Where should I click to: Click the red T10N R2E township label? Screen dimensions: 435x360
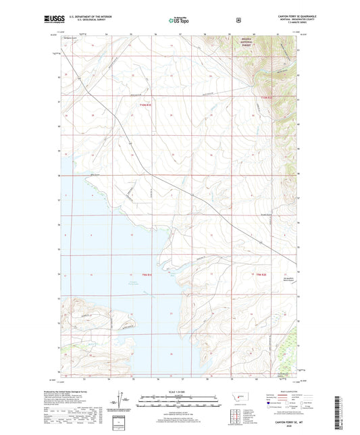pyautogui.click(x=267, y=100)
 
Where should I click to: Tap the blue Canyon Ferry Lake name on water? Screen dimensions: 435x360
pyautogui.click(x=154, y=281)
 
